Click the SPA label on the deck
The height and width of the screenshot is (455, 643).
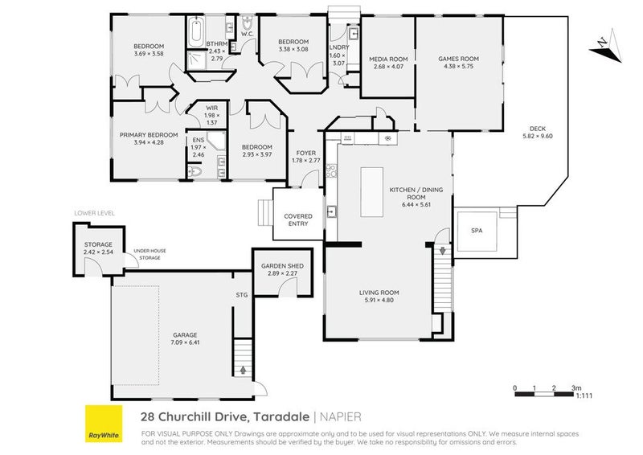click(477, 230)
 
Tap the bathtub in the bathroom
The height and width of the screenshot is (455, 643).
click(195, 34)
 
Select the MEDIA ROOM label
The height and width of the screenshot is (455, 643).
click(388, 59)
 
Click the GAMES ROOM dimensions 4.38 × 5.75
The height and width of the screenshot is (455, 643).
click(458, 66)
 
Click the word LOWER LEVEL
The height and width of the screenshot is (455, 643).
click(95, 213)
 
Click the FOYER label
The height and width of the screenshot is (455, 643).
click(305, 153)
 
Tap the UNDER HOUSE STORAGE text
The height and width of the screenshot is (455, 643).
click(150, 254)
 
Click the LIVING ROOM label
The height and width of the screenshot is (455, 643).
click(379, 293)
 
